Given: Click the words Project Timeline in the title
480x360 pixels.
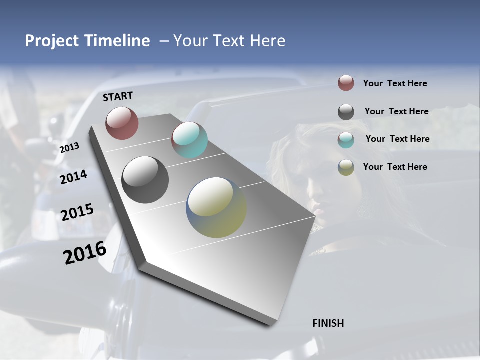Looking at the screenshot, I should pyautogui.click(x=87, y=41).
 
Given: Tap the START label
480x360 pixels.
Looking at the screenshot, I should pyautogui.click(x=118, y=96).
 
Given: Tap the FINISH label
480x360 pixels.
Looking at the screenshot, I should pyautogui.click(x=328, y=323).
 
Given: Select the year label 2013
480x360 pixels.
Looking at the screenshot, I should pyautogui.click(x=69, y=148).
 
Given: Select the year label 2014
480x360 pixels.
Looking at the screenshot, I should pyautogui.click(x=73, y=177).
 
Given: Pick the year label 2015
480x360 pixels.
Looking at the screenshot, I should pyautogui.click(x=77, y=212).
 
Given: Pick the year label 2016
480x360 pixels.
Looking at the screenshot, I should pyautogui.click(x=85, y=253).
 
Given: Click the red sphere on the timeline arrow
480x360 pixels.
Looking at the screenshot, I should pyautogui.click(x=122, y=123).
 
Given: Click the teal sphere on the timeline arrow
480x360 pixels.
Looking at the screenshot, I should pyautogui.click(x=189, y=140).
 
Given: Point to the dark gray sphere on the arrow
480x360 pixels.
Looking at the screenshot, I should pyautogui.click(x=145, y=180).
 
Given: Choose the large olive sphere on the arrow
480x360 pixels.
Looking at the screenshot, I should pyautogui.click(x=216, y=207).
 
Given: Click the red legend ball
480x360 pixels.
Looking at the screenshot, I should pyautogui.click(x=346, y=83).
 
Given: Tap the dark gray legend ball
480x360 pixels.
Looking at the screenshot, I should pyautogui.click(x=346, y=112).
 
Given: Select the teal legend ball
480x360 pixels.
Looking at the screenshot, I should pyautogui.click(x=346, y=140).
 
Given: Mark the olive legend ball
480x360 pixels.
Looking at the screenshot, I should pyautogui.click(x=346, y=167).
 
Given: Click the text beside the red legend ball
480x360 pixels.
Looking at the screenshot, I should pyautogui.click(x=395, y=83).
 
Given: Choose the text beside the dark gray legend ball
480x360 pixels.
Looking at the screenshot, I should pyautogui.click(x=397, y=111).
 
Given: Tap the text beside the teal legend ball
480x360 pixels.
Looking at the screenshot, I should pyautogui.click(x=398, y=139).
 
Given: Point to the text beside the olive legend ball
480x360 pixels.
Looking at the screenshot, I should pyautogui.click(x=395, y=167).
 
